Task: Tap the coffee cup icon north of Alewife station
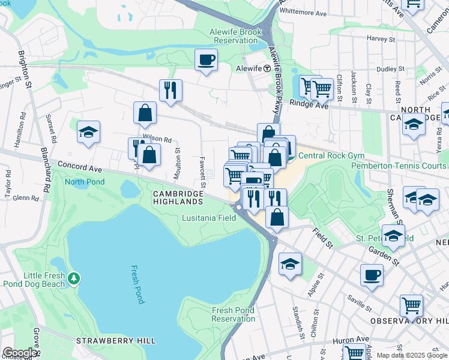point(206,59)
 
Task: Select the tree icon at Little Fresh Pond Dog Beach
point(74,278)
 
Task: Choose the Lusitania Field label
point(208,218)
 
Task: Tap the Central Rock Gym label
point(323,156)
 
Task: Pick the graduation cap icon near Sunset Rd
point(88,133)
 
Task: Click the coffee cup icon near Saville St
point(372,276)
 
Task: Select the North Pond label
point(85,182)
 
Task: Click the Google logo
point(20,353)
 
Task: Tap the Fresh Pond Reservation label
point(234,314)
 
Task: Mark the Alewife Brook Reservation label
point(234,36)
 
